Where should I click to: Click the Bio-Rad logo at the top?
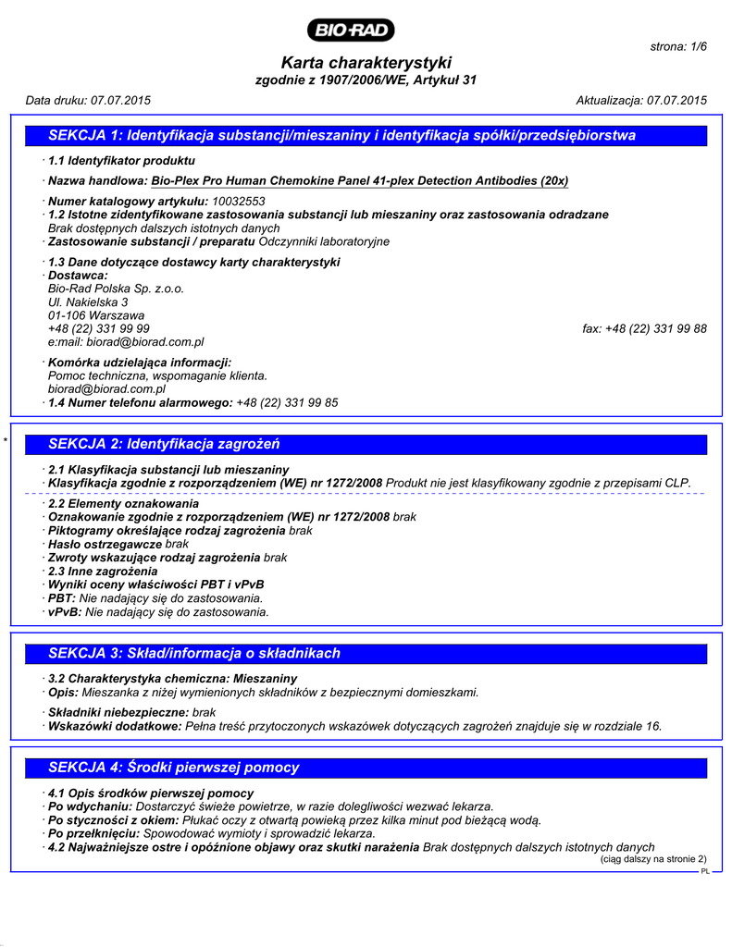pyautogui.click(x=353, y=31)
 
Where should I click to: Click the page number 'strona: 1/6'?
pyautogui.click(x=678, y=46)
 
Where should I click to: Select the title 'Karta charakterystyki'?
pyautogui.click(x=366, y=63)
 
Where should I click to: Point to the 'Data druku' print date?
pyautogui.click(x=88, y=100)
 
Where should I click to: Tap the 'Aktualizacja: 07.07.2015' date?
pyautogui.click(x=641, y=100)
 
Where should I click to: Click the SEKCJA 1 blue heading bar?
pyautogui.click(x=366, y=136)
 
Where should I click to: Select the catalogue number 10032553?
pyautogui.click(x=239, y=201)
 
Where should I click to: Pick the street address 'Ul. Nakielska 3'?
pyautogui.click(x=88, y=301)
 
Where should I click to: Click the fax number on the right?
pyautogui.click(x=645, y=328)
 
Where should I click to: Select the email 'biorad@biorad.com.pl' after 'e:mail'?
pyautogui.click(x=139, y=341)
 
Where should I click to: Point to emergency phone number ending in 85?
pyautogui.click(x=287, y=402)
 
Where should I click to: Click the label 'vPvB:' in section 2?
pyautogui.click(x=62, y=611)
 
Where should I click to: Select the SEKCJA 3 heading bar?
pyautogui.click(x=366, y=653)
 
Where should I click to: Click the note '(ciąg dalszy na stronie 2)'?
pyautogui.click(x=653, y=859)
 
